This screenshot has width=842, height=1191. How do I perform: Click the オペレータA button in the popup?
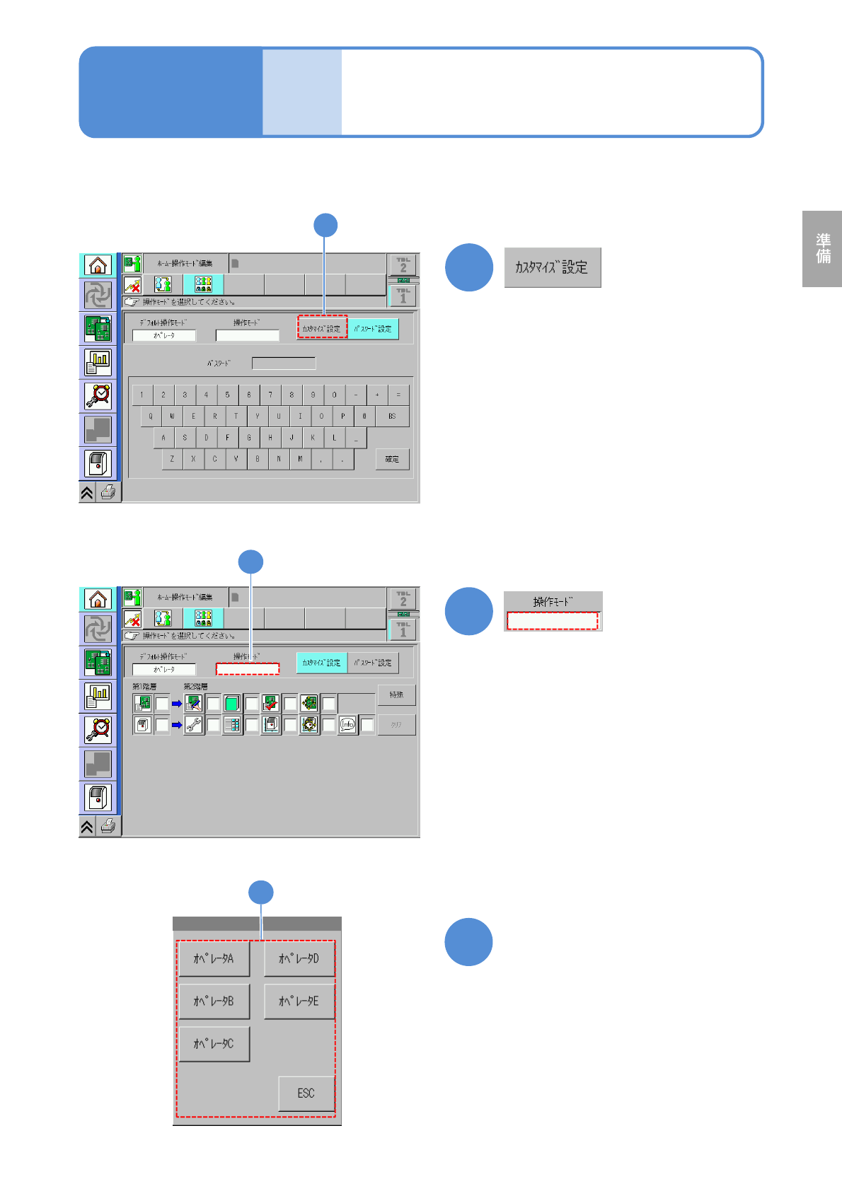click(x=214, y=959)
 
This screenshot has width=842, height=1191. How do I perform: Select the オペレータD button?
click(x=299, y=959)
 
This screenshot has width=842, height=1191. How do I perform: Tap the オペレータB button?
click(x=214, y=1001)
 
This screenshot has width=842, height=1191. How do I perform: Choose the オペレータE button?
click(x=299, y=1001)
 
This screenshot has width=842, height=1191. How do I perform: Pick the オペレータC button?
click(x=214, y=1044)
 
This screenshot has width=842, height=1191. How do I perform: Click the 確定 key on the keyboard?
click(x=392, y=459)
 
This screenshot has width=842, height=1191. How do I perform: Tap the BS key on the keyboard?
click(x=392, y=416)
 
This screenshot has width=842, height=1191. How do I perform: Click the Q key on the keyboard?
click(x=151, y=416)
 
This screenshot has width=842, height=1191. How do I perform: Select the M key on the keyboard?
click(x=300, y=459)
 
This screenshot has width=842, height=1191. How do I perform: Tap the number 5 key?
click(x=227, y=395)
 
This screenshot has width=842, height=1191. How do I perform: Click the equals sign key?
click(x=398, y=395)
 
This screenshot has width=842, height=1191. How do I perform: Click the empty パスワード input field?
click(x=284, y=364)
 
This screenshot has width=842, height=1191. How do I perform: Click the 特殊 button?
click(x=396, y=695)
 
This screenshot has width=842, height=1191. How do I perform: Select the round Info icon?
click(x=347, y=725)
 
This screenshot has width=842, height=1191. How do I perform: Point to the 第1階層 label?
click(x=144, y=687)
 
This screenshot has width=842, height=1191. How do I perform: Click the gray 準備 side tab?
click(x=822, y=248)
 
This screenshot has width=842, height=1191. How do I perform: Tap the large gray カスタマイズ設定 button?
click(x=553, y=267)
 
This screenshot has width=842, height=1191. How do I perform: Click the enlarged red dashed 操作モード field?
click(x=553, y=621)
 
